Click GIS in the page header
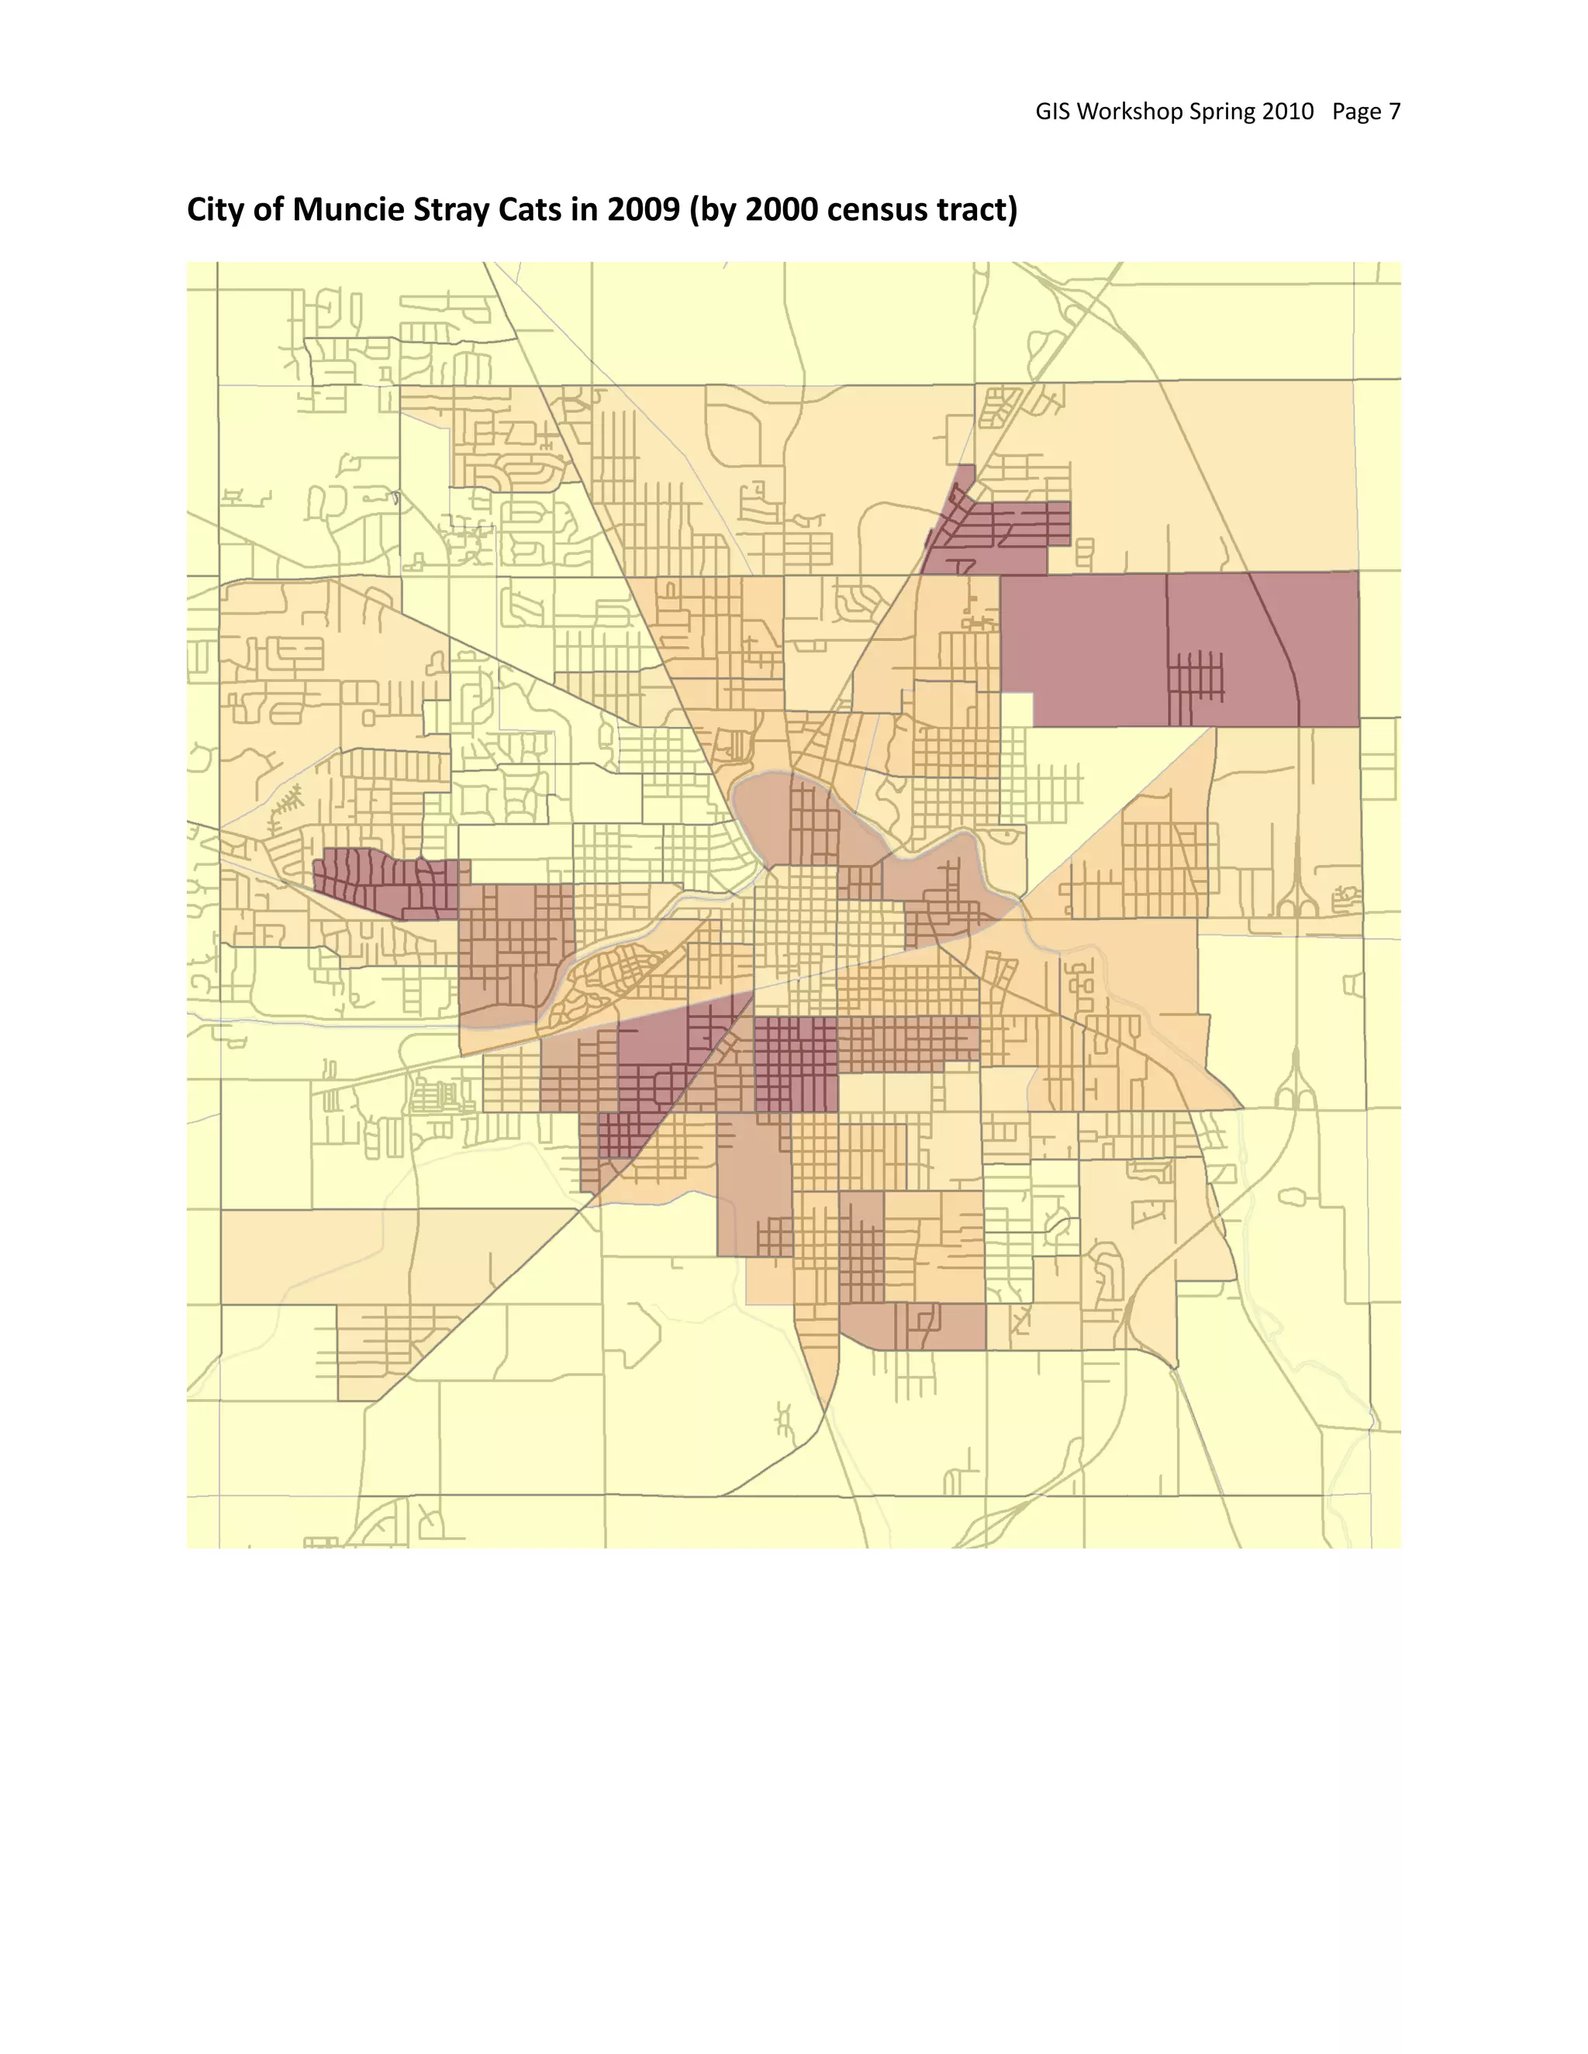1053,112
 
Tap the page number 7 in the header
1394,112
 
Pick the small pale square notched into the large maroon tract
1017,709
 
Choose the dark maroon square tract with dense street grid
796,1063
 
